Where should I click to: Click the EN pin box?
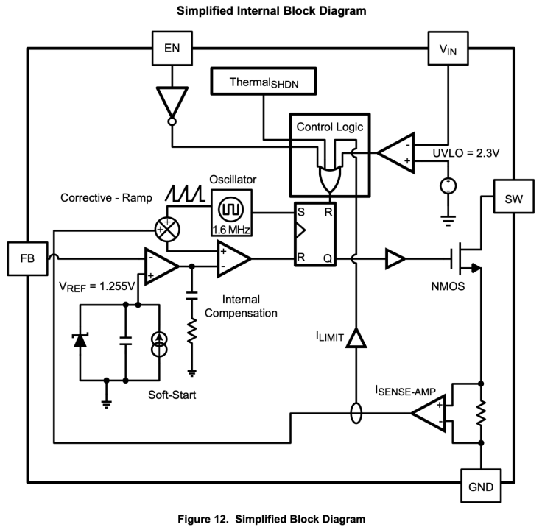tap(172, 49)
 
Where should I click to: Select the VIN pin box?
tap(448, 49)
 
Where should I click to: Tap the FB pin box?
tap(27, 258)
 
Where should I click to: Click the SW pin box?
tap(514, 197)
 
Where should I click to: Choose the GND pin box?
tap(481, 485)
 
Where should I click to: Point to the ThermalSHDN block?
tap(264, 81)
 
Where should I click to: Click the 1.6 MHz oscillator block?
tap(231, 213)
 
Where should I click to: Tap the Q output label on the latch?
tap(328, 258)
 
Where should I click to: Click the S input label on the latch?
tap(301, 212)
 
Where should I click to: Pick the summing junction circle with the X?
tap(167, 229)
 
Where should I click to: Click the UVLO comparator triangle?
tap(395, 152)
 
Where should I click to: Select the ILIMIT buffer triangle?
tap(356, 338)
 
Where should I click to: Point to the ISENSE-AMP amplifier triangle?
tap(429, 413)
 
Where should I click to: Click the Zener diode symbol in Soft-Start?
tap(80, 340)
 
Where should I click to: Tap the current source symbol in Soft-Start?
tap(159, 344)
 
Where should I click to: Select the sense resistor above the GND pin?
tap(481, 413)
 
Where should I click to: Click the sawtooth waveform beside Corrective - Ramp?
tap(185, 194)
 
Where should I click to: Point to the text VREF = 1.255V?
tap(97, 286)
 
